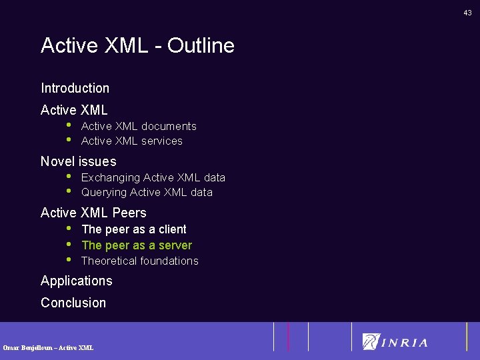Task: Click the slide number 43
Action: coord(468,13)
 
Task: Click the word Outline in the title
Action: coord(201,45)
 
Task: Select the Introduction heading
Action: coord(75,88)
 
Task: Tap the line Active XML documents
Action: coord(139,126)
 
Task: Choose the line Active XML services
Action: coord(131,141)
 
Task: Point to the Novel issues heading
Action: coord(78,161)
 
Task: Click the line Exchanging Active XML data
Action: coord(153,177)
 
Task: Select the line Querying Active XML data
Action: coord(147,192)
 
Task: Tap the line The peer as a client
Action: coord(133,229)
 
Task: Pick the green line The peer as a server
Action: coord(136,245)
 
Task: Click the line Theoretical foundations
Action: coord(139,261)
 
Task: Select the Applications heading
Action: coord(76,281)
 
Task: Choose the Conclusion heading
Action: coord(73,303)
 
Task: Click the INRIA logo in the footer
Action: coord(395,341)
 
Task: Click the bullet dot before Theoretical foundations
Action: coord(69,259)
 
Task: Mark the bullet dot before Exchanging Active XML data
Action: coord(69,176)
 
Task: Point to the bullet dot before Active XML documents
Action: coord(69,125)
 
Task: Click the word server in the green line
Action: coord(175,245)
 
